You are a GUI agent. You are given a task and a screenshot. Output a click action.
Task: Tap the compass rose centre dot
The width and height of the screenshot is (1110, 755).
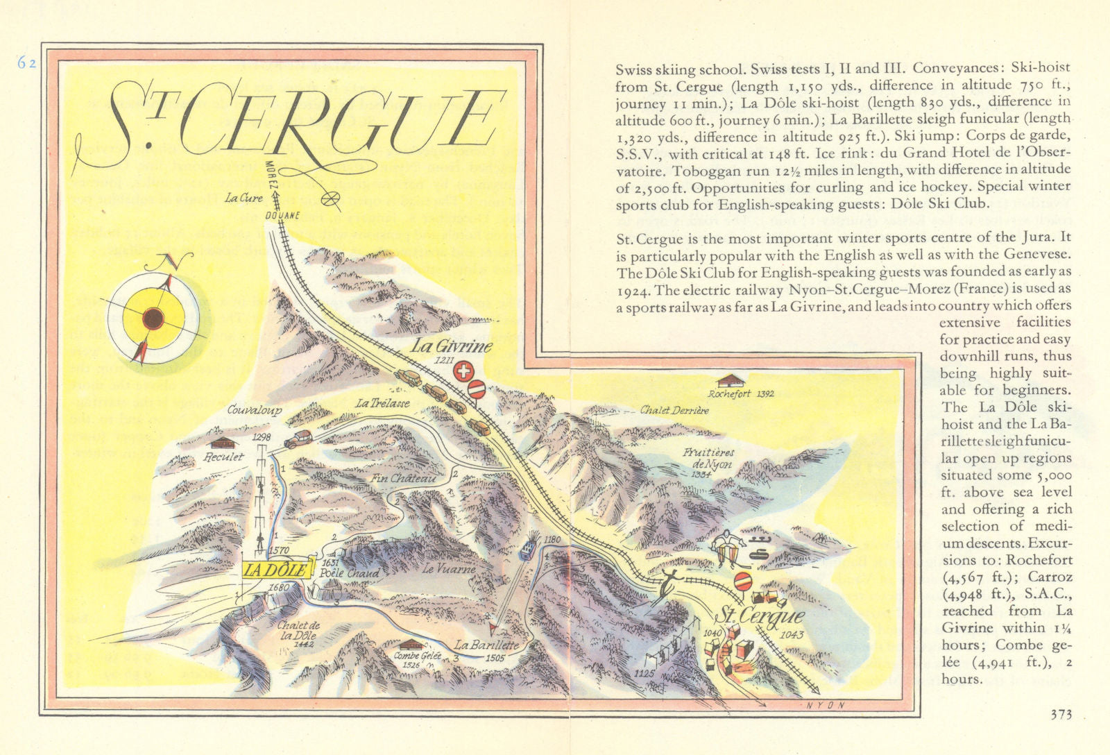pos(153,319)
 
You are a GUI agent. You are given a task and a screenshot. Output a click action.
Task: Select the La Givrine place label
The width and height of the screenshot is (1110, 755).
pos(450,346)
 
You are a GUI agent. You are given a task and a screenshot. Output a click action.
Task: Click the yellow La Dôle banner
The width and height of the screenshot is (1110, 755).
pos(277,569)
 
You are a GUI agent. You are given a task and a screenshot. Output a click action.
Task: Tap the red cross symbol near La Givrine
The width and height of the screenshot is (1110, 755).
pos(463,373)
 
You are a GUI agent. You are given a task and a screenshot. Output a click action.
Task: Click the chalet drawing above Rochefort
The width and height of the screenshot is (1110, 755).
pos(731,380)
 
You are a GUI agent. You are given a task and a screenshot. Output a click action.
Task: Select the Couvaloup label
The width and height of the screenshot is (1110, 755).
pos(255,411)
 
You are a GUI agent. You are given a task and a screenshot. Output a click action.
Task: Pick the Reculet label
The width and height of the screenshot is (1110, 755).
pos(223,457)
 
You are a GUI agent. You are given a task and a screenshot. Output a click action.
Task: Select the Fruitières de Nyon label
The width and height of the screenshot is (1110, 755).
pos(707,459)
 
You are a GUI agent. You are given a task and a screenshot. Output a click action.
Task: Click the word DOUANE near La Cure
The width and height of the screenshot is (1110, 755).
pos(282,215)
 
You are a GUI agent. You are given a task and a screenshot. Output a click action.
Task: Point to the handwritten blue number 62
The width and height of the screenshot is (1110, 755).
pos(27,63)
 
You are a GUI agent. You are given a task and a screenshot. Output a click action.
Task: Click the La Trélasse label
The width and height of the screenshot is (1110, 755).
pos(382,403)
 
